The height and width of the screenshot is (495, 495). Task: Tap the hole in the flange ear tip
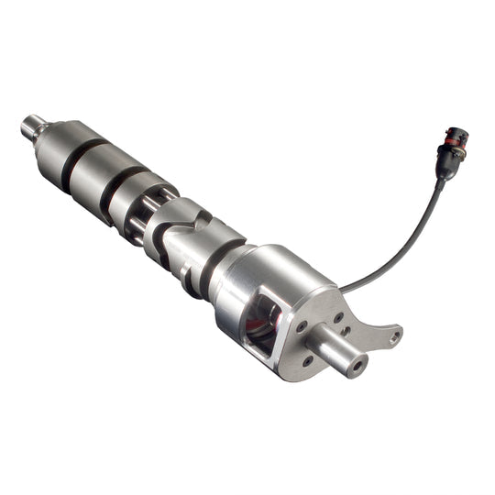[395, 337]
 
